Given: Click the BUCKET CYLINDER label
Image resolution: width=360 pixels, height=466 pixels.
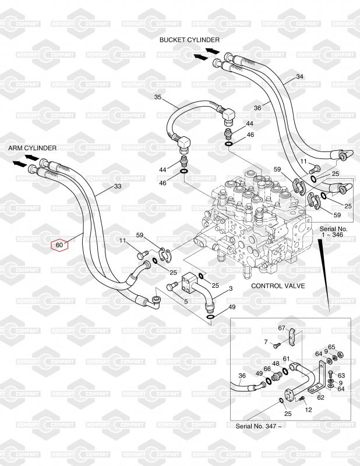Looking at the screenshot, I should click(x=190, y=40).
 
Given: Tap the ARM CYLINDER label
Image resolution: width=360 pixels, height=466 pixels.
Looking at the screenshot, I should click(x=32, y=148).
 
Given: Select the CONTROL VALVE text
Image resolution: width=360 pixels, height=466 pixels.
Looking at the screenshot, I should click(x=276, y=286).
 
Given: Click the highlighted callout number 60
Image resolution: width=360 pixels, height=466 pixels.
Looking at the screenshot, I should click(x=59, y=245).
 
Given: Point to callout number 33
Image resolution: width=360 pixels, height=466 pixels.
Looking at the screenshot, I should click(x=118, y=187).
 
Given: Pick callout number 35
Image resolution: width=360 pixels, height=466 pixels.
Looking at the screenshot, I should click(x=158, y=97).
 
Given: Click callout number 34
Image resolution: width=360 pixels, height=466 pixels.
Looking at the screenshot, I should click(x=299, y=77).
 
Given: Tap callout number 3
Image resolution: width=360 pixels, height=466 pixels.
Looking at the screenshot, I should click(x=231, y=289).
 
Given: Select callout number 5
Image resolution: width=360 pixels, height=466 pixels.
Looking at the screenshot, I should click(x=186, y=301).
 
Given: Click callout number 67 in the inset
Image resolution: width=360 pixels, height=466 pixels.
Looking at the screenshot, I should click(x=281, y=329).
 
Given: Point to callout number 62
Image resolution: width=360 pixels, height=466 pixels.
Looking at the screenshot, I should click(x=320, y=398).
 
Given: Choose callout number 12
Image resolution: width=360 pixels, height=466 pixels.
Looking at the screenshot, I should click(x=309, y=410).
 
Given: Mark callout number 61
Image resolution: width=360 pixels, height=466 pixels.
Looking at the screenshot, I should click(x=286, y=359).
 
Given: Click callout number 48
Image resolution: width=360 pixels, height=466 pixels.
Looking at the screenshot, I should click(x=276, y=363).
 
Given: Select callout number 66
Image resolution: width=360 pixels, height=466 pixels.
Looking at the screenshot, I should click(x=267, y=368).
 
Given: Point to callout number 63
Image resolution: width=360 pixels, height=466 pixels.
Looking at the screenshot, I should click(x=341, y=376).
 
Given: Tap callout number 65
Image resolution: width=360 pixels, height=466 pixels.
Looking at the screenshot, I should click(x=331, y=347).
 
